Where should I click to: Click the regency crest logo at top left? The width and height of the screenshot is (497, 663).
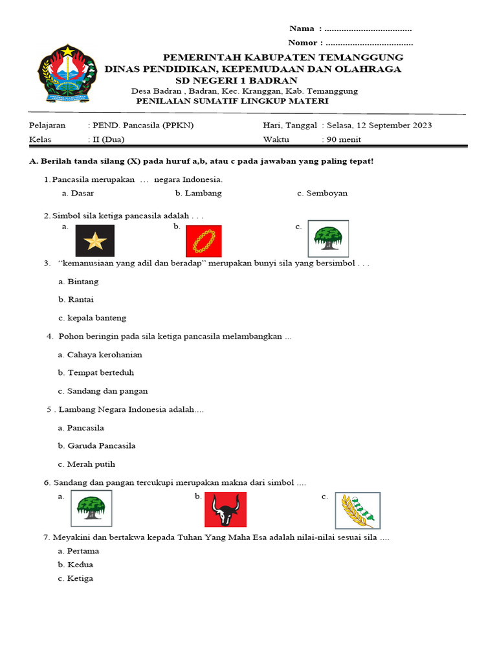[x=66, y=73]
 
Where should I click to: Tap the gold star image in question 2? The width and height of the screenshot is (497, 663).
[x=94, y=241]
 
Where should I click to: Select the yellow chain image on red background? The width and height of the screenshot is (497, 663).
[x=203, y=241]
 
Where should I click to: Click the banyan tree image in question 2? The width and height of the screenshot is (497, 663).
[x=327, y=239]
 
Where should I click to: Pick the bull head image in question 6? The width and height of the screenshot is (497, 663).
[x=225, y=510]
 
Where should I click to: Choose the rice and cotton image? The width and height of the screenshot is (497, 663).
[x=357, y=510]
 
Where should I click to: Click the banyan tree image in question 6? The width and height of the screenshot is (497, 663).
[x=91, y=508]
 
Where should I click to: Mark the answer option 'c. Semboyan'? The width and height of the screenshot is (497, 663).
[x=322, y=193]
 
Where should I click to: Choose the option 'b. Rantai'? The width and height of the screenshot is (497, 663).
[x=76, y=300]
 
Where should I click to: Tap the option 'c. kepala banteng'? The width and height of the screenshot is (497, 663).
[x=92, y=318]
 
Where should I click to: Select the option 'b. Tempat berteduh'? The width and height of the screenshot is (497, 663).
[x=96, y=373]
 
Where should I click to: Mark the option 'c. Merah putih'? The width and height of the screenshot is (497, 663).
[x=87, y=464]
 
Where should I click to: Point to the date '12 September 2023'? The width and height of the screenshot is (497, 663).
[x=392, y=126]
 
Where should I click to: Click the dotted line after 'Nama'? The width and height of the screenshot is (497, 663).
[x=368, y=29]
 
